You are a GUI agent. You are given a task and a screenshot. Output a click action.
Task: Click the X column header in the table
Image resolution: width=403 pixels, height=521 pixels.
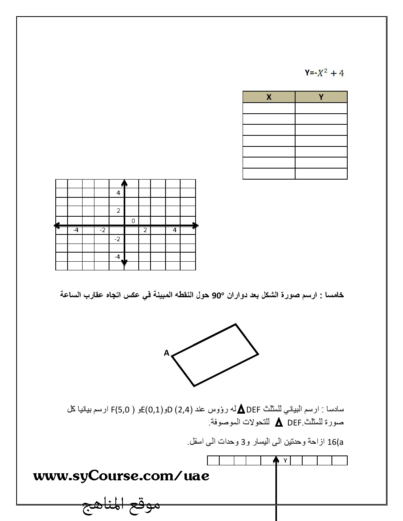[269, 97]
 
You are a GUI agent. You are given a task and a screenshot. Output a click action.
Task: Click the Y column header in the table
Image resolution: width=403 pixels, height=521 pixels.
[321, 97]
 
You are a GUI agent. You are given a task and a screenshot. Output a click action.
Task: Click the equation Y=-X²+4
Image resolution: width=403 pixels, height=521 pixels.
[324, 73]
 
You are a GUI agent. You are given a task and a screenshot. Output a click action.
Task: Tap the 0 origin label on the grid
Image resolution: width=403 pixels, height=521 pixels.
[134, 221]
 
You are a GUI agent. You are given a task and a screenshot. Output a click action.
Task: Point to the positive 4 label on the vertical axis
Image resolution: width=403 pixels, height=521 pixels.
[118, 193]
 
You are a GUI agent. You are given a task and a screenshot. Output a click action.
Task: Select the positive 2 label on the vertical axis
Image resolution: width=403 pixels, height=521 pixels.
[118, 211]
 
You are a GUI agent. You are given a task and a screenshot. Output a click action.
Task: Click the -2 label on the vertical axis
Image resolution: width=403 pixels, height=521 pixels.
[117, 239]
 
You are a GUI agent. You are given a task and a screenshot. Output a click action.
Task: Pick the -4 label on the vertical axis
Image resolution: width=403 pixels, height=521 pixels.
[117, 257]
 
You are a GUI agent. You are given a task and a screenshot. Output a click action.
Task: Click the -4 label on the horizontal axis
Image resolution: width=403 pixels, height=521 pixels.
[75, 230]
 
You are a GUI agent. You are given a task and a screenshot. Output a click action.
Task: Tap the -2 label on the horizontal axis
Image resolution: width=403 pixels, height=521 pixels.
[102, 230]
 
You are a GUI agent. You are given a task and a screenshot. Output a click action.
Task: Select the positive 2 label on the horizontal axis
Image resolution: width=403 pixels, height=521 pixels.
[145, 230]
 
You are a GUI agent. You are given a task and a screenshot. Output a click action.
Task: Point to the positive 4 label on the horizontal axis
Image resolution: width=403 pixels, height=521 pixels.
[174, 230]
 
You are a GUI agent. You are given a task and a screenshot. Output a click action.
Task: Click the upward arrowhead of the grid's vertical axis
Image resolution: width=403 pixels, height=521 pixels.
[124, 182]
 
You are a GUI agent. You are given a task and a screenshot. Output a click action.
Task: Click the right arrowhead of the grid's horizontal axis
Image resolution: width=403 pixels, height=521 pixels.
[196, 225]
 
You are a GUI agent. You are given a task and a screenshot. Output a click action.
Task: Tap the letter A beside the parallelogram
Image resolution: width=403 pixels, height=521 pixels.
[167, 353]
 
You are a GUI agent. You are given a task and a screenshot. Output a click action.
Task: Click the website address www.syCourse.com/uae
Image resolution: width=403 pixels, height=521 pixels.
[121, 476]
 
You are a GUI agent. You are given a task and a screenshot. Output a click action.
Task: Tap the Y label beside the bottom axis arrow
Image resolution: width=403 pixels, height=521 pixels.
[285, 460]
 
